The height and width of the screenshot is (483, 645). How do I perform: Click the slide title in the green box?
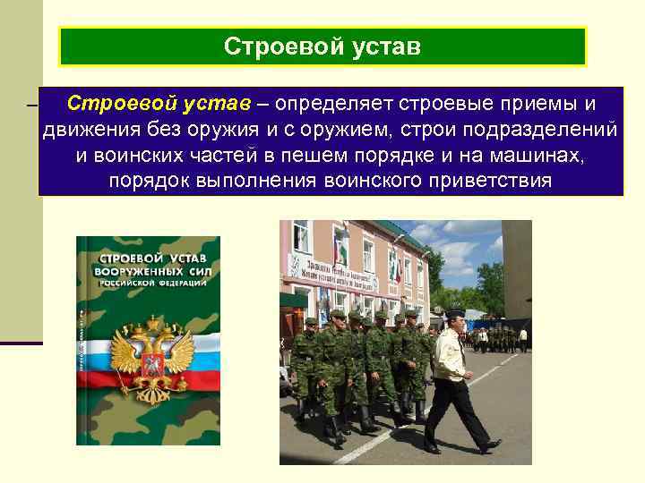(322, 46)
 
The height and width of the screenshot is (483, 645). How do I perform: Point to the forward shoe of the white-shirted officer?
(491, 445)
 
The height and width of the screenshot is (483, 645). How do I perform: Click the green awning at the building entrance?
(294, 300)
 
